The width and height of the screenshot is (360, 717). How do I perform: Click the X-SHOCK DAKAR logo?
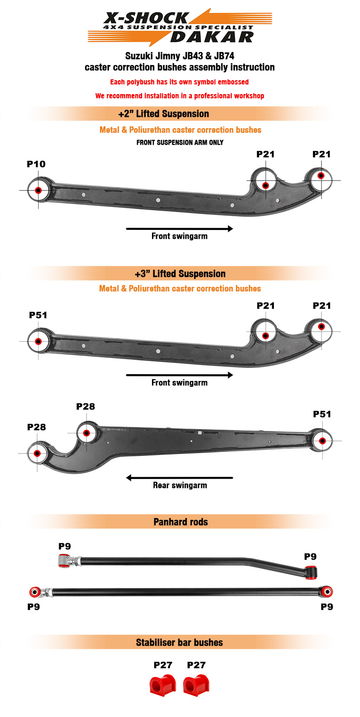click(x=180, y=27)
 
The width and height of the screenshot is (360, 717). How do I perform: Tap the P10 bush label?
click(x=36, y=164)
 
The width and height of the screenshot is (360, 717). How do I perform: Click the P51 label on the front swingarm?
click(x=38, y=315)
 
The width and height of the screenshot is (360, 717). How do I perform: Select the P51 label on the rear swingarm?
click(x=322, y=414)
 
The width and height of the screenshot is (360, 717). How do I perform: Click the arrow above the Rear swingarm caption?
click(x=179, y=478)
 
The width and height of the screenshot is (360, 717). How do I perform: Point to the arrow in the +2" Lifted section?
click(x=179, y=229)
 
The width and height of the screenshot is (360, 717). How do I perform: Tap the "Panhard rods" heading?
click(x=181, y=522)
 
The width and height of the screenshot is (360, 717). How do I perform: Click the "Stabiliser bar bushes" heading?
click(x=179, y=643)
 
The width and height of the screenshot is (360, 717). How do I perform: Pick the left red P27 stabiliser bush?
click(x=163, y=685)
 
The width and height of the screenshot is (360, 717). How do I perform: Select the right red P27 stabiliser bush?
click(x=196, y=685)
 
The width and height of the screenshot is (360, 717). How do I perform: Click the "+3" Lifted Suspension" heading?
click(x=180, y=274)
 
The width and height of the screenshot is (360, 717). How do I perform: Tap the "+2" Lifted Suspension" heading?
click(x=164, y=114)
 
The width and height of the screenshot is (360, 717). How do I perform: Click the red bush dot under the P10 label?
click(x=38, y=190)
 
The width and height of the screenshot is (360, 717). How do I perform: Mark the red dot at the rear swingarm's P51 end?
click(x=322, y=441)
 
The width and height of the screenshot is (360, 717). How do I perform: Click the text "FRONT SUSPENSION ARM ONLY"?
click(x=180, y=143)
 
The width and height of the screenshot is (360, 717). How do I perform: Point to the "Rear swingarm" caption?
click(x=180, y=485)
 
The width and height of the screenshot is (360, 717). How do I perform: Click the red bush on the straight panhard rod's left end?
click(x=35, y=592)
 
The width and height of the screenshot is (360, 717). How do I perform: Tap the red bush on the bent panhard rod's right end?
click(x=311, y=573)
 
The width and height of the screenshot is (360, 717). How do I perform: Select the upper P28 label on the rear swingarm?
click(x=86, y=406)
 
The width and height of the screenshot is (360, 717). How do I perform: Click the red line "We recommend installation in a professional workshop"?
click(x=180, y=96)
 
